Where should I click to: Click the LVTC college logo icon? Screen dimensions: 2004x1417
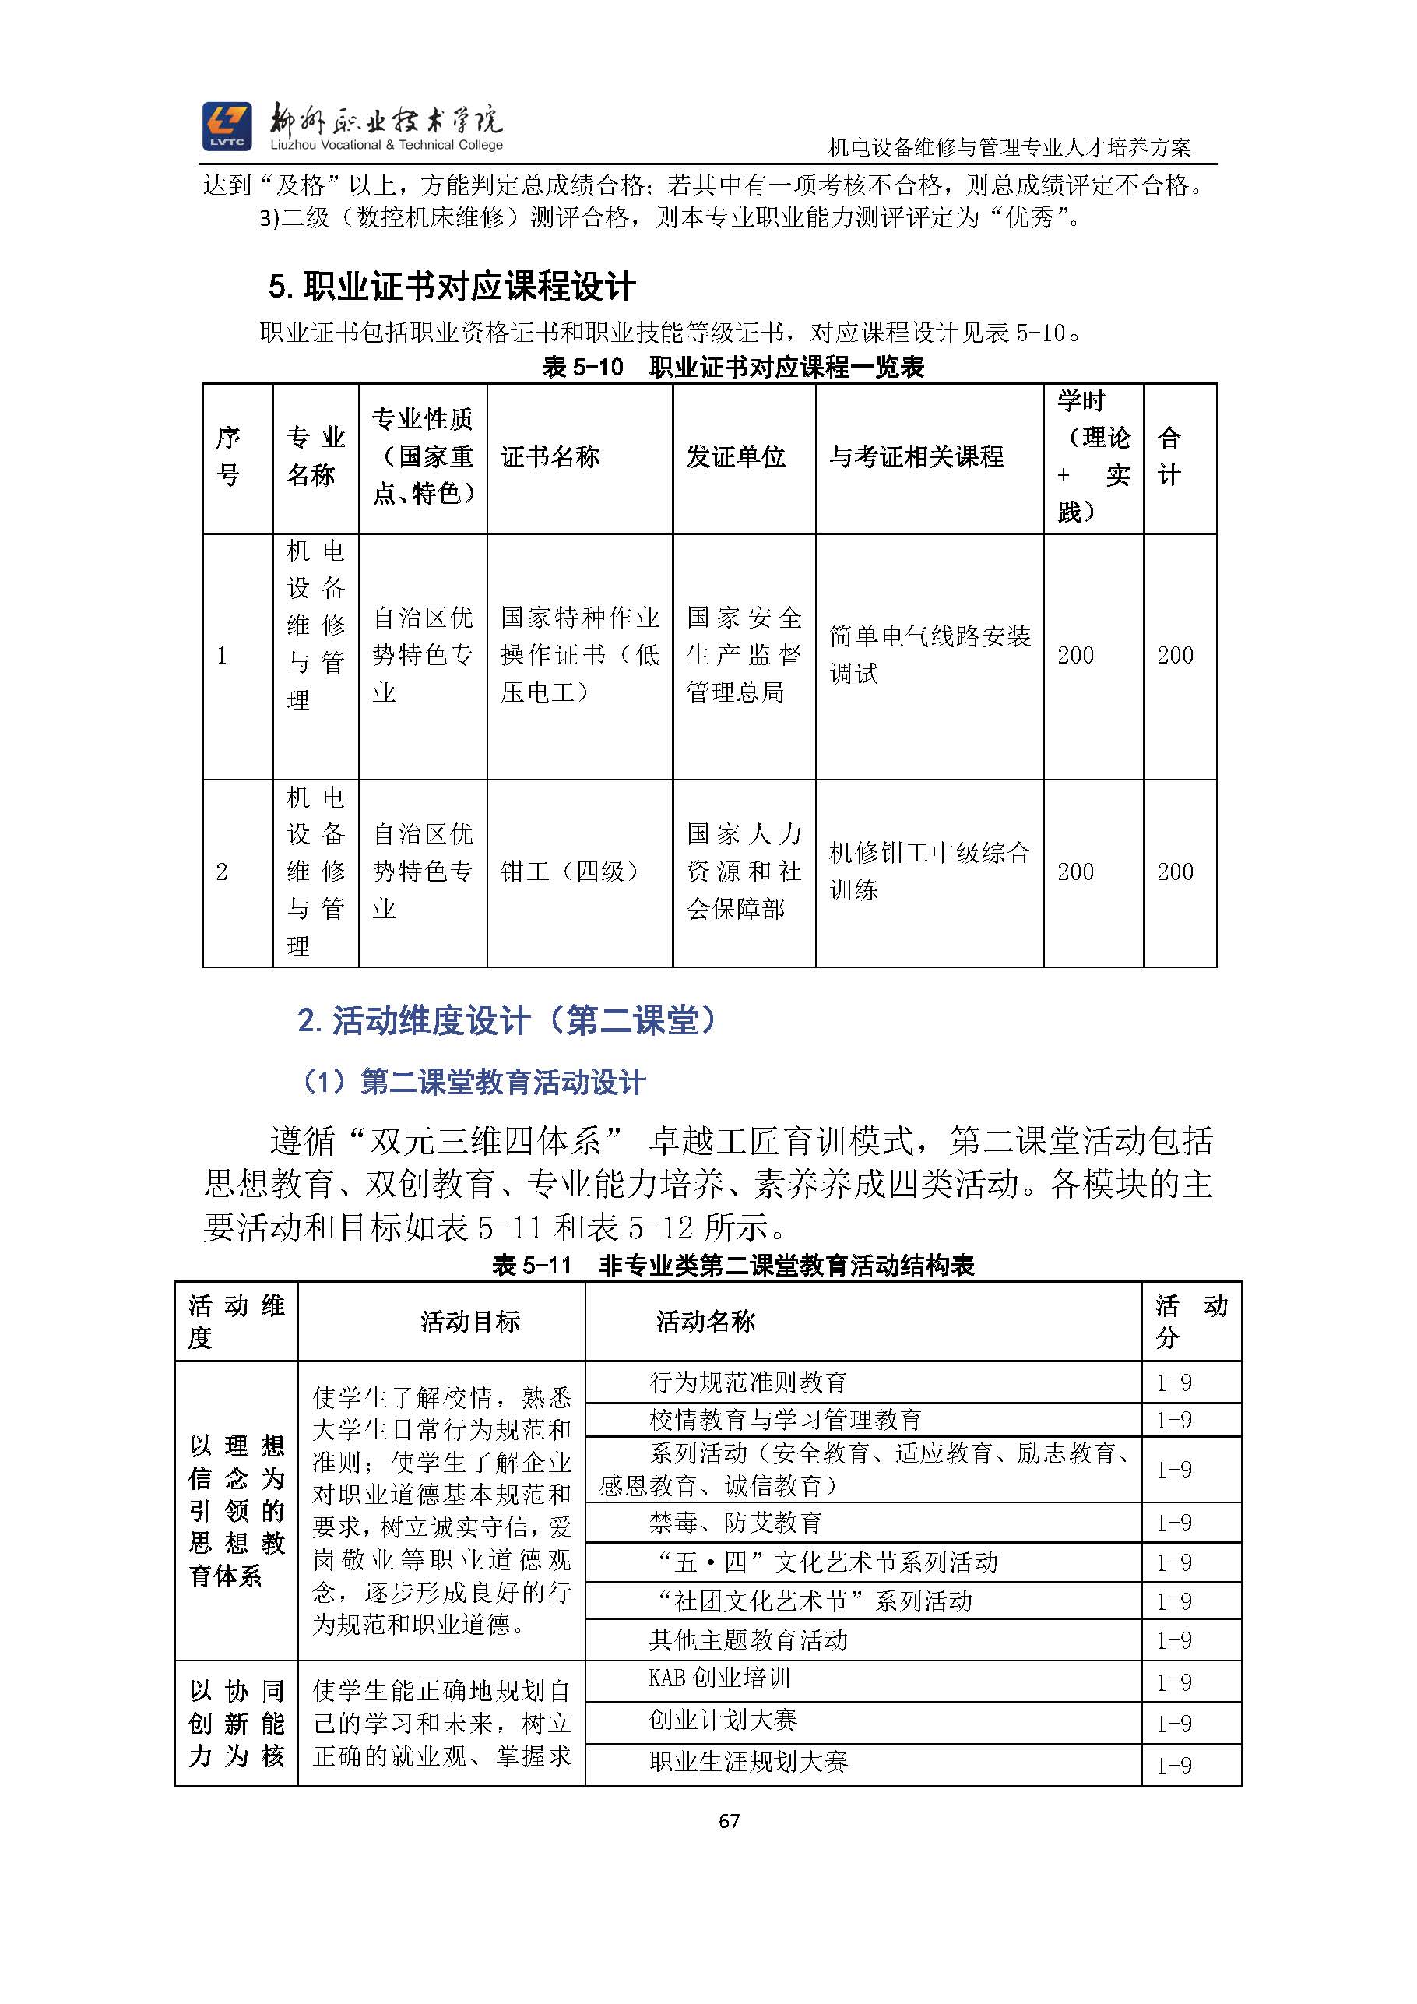click(227, 126)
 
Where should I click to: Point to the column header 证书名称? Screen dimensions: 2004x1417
click(550, 456)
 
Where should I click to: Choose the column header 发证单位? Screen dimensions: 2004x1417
click(736, 456)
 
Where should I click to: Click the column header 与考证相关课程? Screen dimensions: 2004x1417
click(916, 456)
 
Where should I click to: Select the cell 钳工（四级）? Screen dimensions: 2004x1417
click(572, 871)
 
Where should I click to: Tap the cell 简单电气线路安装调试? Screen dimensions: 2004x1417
click(930, 654)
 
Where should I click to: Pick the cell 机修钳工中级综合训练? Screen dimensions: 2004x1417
click(930, 871)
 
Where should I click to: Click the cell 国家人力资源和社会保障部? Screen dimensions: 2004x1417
click(744, 871)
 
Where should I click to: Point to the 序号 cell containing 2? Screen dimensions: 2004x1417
click(222, 871)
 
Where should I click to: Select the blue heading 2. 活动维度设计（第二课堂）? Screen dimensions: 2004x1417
click(508, 1020)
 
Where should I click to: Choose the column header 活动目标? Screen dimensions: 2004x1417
click(469, 1322)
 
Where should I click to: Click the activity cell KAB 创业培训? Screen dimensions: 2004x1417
click(719, 1678)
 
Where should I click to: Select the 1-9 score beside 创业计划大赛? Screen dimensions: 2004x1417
click(1173, 1724)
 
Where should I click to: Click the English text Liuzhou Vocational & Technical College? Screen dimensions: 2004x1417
click(386, 145)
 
